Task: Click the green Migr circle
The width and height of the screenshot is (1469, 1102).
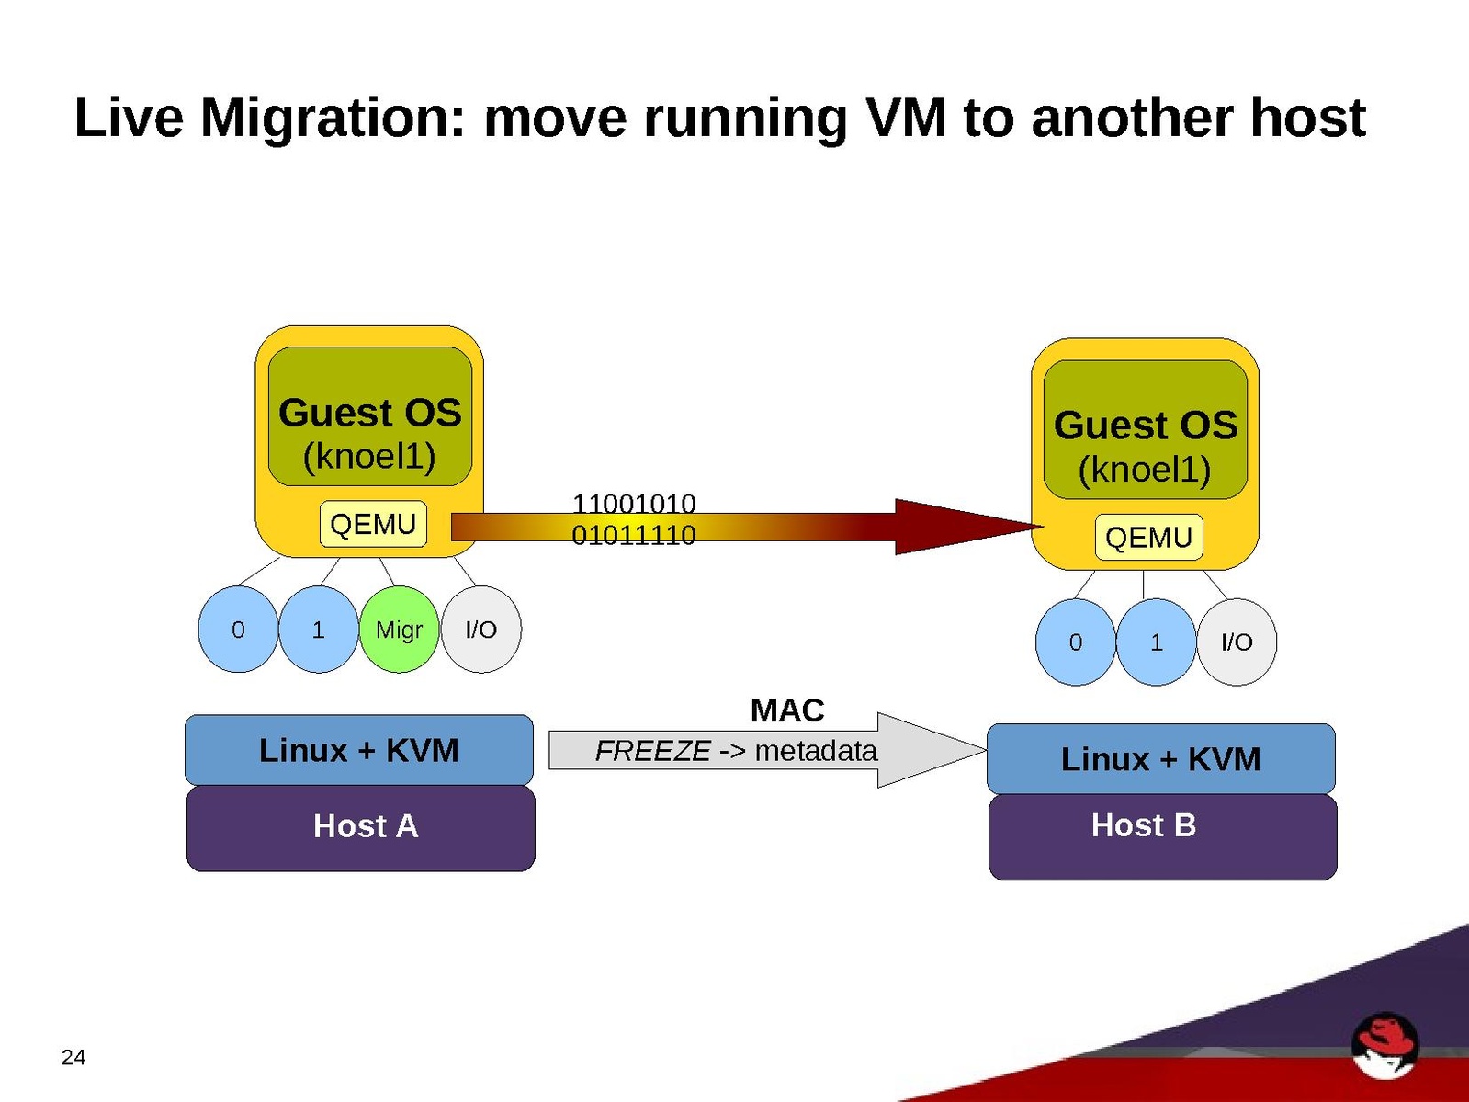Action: pos(399,630)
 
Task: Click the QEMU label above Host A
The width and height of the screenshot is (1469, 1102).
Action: pos(373,525)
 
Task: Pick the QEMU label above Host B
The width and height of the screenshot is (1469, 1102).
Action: pos(1148,538)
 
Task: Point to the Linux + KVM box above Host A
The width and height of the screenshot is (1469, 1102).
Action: pos(359,750)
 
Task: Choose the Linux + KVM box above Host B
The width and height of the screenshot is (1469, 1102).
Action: pos(1160,759)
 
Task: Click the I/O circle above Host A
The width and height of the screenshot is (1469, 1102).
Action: pos(481,630)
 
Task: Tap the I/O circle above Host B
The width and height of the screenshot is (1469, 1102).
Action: pos(1237,642)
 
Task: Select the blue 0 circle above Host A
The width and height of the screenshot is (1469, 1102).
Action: pos(238,630)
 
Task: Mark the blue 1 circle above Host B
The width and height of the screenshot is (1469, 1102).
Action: pos(1156,642)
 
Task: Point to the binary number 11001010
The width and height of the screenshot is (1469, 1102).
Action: pos(634,504)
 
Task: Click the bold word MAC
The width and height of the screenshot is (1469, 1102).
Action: pos(787,710)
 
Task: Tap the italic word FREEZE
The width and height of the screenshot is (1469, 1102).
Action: pos(652,751)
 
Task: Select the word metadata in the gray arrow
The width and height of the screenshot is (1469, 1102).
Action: pos(816,751)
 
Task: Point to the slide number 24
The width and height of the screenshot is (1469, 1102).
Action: pos(73,1057)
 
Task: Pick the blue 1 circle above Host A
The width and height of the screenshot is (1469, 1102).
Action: pos(318,630)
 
